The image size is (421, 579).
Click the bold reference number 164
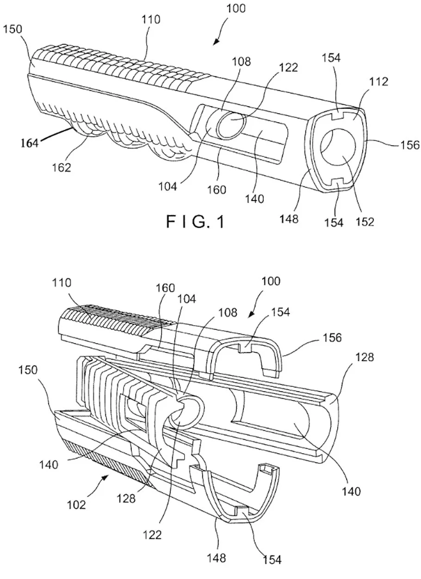pyautogui.click(x=30, y=143)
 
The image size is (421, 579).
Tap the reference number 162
pyautogui.click(x=61, y=167)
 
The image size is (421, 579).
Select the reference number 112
pyautogui.click(x=378, y=82)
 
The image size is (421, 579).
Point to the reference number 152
pyautogui.click(x=365, y=222)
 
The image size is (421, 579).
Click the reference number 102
pyautogui.click(x=76, y=505)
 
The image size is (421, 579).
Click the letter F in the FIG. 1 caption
pyautogui.click(x=171, y=222)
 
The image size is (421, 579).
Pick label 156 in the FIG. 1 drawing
pyautogui.click(x=409, y=145)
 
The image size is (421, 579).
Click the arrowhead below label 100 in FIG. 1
pyautogui.click(x=216, y=43)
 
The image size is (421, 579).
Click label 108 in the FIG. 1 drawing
pyautogui.click(x=241, y=62)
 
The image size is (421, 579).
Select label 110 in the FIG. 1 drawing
pyautogui.click(x=151, y=19)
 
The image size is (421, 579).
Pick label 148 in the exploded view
pyautogui.click(x=217, y=558)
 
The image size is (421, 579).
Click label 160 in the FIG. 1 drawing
pyautogui.click(x=217, y=190)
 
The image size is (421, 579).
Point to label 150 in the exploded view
pyautogui.click(x=28, y=370)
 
